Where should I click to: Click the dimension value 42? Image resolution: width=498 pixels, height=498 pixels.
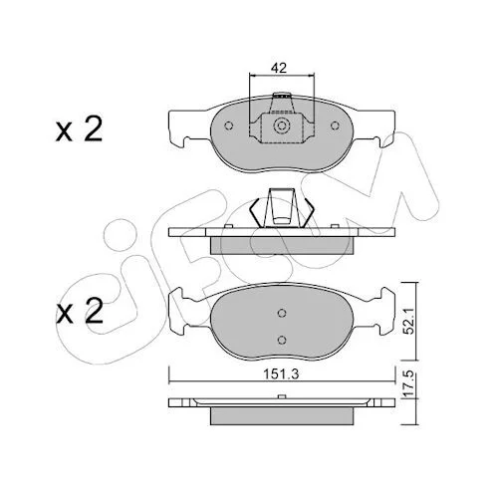coord(278,68)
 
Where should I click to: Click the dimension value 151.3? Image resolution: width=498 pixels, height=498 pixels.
coord(281,374)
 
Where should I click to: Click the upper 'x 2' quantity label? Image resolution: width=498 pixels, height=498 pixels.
coord(79,129)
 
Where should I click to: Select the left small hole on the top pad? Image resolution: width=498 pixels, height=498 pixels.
coord(229,125)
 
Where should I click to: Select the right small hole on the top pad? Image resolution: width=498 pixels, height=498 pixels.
coord(335,125)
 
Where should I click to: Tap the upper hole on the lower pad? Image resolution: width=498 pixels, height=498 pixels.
coord(282,313)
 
